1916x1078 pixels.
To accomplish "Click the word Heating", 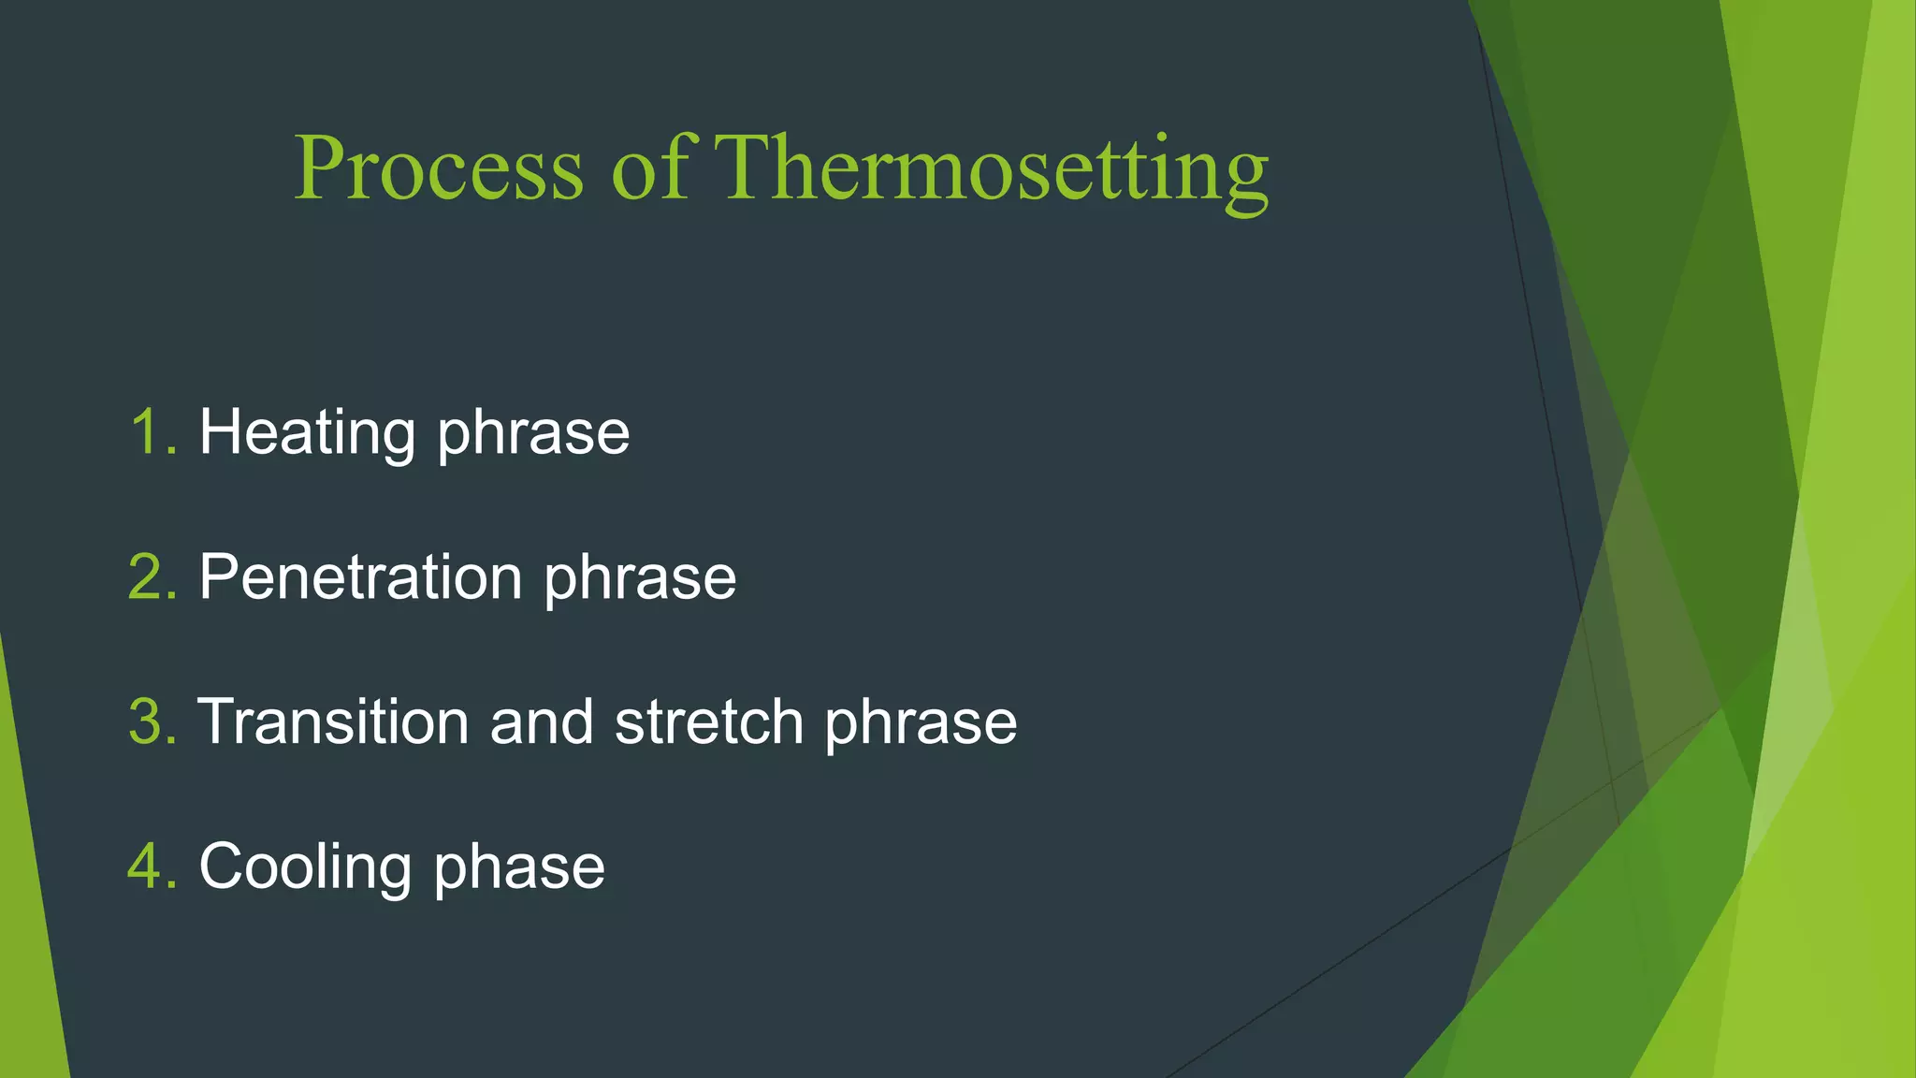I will [x=307, y=433].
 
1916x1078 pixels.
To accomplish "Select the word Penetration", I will [x=360, y=577].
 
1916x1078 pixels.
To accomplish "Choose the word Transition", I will [x=333, y=722].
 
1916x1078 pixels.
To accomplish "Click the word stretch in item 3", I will [x=709, y=722].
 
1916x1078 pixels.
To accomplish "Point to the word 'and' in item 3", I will [x=542, y=722].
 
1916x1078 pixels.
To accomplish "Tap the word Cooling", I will [x=305, y=867].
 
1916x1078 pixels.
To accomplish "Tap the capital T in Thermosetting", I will [x=744, y=168].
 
